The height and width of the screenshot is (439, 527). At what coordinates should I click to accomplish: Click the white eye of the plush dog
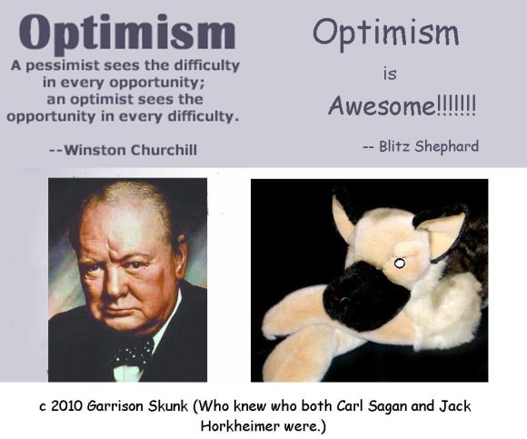[x=399, y=264]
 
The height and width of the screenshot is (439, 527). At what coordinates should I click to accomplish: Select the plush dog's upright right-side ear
[x=445, y=232]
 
